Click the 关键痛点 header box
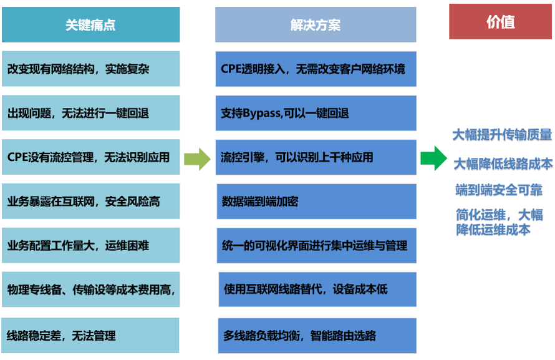pos(90,24)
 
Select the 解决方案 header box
pos(316,24)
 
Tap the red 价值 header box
pos(500,22)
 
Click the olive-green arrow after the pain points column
pos(198,159)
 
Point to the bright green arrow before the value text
pos(434,158)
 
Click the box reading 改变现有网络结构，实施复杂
pos(90,69)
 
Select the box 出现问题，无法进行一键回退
pos(90,113)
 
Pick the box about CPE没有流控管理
pos(90,157)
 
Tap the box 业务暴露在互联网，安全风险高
pos(90,201)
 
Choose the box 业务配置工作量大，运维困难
pos(90,245)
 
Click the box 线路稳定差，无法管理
pos(90,335)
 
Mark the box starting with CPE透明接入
pos(316,69)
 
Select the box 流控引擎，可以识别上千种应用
pos(316,157)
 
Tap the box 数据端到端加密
pos(316,202)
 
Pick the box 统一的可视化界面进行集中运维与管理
pos(316,246)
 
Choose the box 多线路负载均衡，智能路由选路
pos(317,336)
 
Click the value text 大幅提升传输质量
pos(502,135)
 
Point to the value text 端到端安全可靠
pos(499,190)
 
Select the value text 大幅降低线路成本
pos(503,164)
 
